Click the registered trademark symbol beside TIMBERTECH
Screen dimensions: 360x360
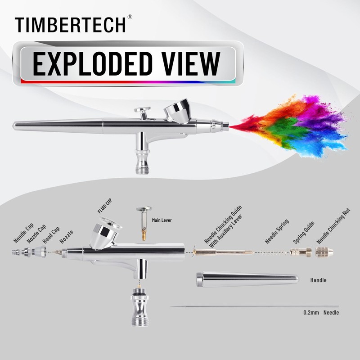(130, 17)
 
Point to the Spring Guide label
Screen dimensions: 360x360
(303, 233)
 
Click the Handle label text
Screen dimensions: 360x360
(318, 280)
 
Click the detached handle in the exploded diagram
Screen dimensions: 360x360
(247, 279)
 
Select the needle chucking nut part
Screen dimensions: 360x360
(322, 252)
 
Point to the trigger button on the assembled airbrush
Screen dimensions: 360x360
(143, 111)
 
